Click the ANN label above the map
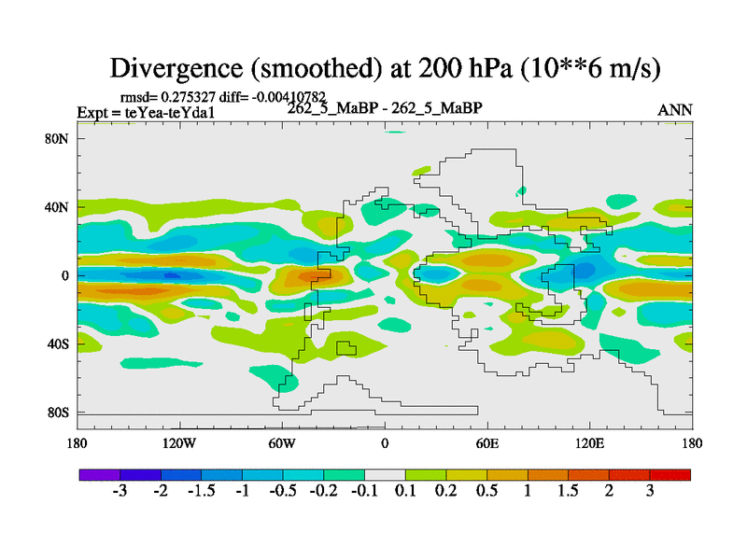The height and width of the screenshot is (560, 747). (675, 110)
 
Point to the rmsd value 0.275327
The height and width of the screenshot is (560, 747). (191, 97)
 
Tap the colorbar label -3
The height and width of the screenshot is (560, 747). (120, 492)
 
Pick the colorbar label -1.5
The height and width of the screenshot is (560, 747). (201, 492)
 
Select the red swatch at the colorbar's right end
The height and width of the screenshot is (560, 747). (670, 474)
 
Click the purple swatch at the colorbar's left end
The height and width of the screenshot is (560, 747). (99, 474)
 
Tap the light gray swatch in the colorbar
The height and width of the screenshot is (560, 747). (385, 474)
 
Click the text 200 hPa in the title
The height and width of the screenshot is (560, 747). (452, 68)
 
